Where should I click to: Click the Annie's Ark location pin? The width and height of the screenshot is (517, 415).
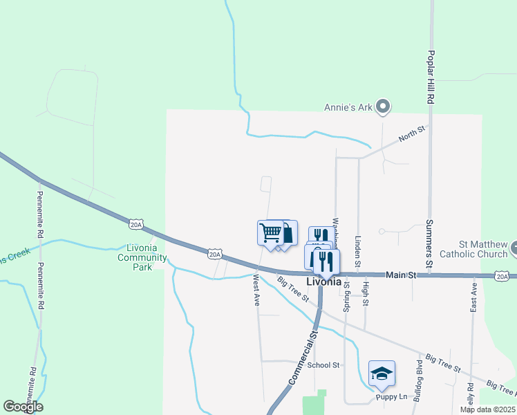click(x=386, y=107)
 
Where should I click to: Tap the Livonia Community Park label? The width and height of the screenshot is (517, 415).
click(x=142, y=257)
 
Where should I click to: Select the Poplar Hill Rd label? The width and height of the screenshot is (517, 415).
click(x=430, y=77)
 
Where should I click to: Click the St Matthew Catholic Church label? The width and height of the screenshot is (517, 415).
click(x=484, y=249)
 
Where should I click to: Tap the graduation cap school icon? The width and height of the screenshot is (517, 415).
click(x=382, y=373)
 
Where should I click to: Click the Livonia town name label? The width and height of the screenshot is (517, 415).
click(x=323, y=282)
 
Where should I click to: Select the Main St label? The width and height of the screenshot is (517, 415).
click(x=401, y=275)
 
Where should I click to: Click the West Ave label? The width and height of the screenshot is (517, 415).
click(x=256, y=291)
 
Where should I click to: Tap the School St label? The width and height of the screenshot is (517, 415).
click(x=323, y=365)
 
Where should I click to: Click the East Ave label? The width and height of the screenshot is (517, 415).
click(x=473, y=296)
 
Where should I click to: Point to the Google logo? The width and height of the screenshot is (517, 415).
click(x=23, y=407)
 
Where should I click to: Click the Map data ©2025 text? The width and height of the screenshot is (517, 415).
click(x=487, y=409)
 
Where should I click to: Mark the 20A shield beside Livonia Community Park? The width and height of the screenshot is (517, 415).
click(x=135, y=223)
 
